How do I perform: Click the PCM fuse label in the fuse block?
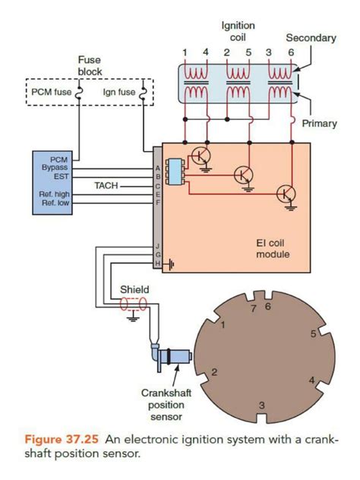tap(52, 92)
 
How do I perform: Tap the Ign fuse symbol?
tap(143, 93)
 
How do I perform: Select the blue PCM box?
tap(52, 183)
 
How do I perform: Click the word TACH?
tap(106, 185)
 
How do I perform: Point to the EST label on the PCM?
tap(62, 176)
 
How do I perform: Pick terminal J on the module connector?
tap(158, 246)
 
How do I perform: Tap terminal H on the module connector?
tap(158, 263)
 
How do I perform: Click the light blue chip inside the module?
tap(175, 172)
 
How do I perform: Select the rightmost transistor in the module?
tap(286, 194)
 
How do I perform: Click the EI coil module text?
tap(273, 248)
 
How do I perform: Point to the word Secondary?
tap(311, 38)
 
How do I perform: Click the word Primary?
tap(319, 123)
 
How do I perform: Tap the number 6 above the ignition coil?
tap(291, 52)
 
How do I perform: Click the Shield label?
tap(134, 289)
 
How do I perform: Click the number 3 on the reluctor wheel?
tap(262, 406)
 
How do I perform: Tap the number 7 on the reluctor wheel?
tap(254, 308)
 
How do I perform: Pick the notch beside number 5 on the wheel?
tap(325, 330)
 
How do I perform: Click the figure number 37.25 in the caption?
tap(82, 439)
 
